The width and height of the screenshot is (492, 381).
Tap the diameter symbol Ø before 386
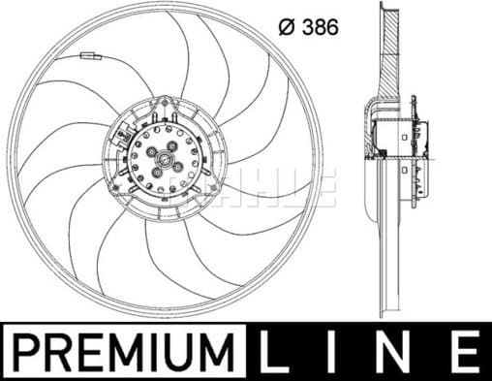(287, 28)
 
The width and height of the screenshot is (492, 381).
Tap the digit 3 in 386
(307, 28)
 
